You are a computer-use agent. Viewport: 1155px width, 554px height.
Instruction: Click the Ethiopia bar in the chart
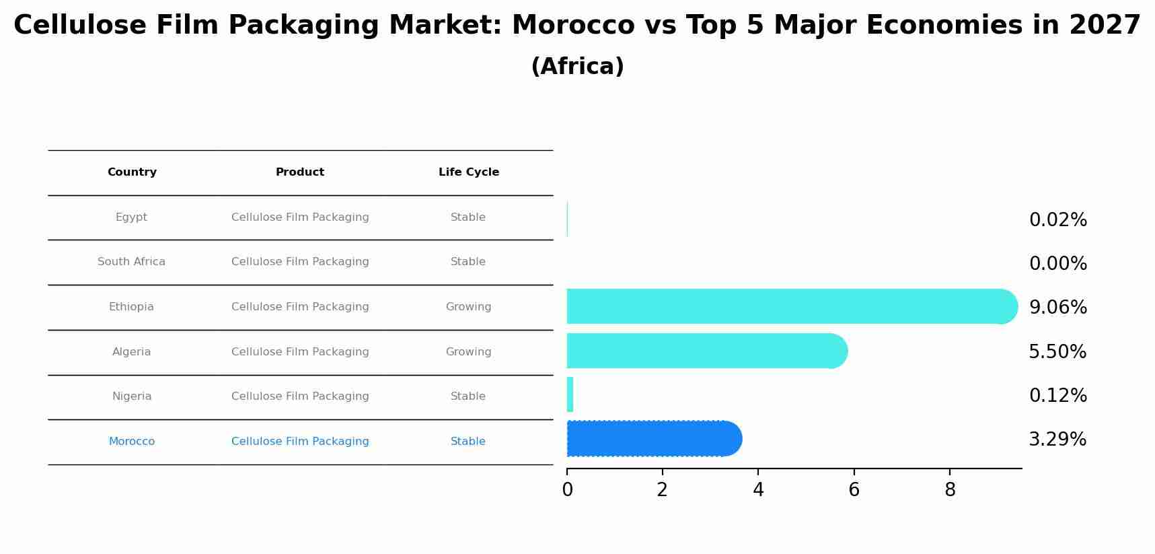787,306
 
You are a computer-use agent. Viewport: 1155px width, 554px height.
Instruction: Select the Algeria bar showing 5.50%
703,351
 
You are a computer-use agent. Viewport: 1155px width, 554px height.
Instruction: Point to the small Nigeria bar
570,394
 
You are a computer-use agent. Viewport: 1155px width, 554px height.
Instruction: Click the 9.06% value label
1057,308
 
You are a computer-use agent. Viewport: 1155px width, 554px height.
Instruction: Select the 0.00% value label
1057,264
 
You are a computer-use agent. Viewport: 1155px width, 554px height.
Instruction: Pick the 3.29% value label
1057,440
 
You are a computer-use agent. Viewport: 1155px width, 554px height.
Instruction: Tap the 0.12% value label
1057,396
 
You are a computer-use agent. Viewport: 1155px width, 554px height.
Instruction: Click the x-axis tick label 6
854,490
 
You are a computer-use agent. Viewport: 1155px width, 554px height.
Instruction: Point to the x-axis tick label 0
567,490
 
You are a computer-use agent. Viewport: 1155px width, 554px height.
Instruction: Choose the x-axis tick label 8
950,490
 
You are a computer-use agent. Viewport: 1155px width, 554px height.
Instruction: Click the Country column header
132,172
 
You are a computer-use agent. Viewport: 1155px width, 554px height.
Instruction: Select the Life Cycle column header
469,172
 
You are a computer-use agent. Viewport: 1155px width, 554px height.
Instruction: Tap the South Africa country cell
131,262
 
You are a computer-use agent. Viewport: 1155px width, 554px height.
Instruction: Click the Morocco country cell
132,442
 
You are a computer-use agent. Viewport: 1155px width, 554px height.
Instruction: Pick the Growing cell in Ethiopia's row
468,307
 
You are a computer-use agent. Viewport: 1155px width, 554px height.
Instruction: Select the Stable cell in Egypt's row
468,217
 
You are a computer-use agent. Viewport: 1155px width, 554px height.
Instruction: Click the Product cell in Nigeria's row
300,396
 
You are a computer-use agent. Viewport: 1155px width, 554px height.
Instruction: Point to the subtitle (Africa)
577,67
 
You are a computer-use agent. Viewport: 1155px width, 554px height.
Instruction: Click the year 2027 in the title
1105,26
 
